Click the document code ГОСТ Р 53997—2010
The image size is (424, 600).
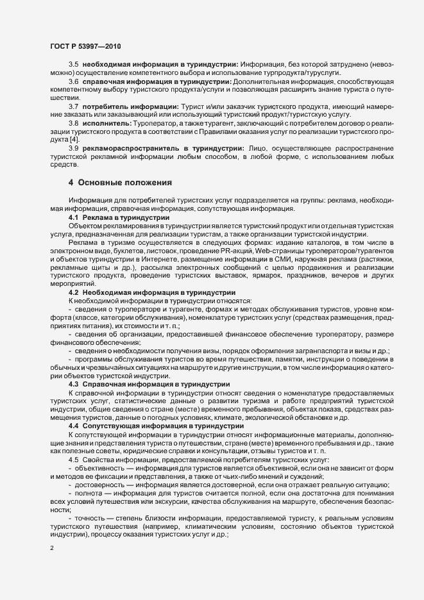(x=85, y=47)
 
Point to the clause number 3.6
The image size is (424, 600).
(x=74, y=83)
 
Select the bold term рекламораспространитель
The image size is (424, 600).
(x=129, y=148)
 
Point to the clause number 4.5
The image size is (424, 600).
(x=74, y=460)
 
